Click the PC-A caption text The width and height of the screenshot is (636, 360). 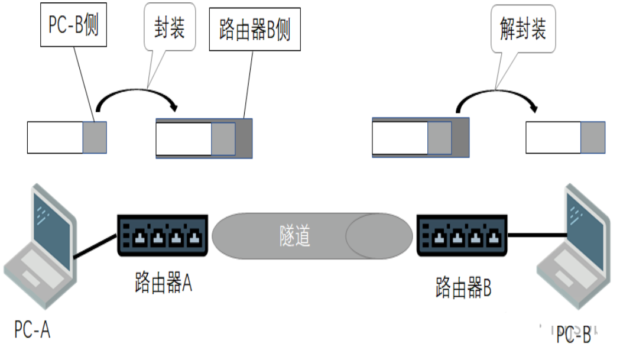pos(33,330)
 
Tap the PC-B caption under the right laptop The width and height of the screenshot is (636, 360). pos(573,335)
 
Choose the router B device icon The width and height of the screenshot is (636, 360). pos(462,235)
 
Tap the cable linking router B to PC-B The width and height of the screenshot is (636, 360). pos(537,235)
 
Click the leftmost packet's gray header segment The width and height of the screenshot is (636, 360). pos(95,137)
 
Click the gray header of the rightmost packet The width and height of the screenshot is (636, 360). pos(592,137)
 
